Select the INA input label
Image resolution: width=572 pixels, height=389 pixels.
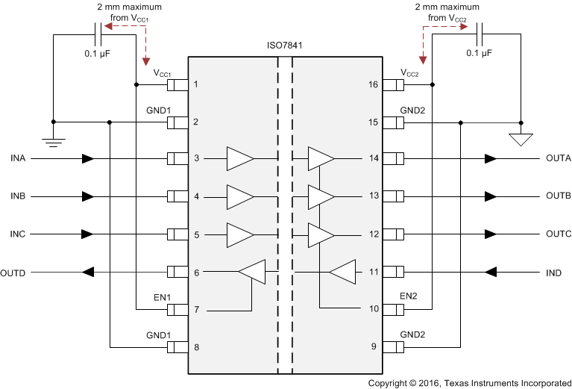[19, 159]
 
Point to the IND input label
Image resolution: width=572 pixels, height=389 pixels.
[553, 273]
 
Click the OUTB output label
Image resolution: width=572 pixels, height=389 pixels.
[558, 196]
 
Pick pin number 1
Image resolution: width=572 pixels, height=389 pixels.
[195, 84]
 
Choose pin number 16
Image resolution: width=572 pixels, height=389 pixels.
[372, 84]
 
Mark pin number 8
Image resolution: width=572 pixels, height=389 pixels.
[195, 346]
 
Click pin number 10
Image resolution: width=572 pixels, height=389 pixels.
[372, 309]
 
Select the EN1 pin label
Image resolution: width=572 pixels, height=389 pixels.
[163, 297]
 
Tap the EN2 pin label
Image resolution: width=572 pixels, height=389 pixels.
[409, 297]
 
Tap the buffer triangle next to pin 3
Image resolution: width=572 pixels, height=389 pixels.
[239, 159]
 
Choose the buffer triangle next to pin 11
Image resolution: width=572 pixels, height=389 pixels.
[342, 273]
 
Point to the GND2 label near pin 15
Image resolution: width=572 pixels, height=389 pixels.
[412, 110]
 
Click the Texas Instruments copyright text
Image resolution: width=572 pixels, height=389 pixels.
[469, 382]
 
